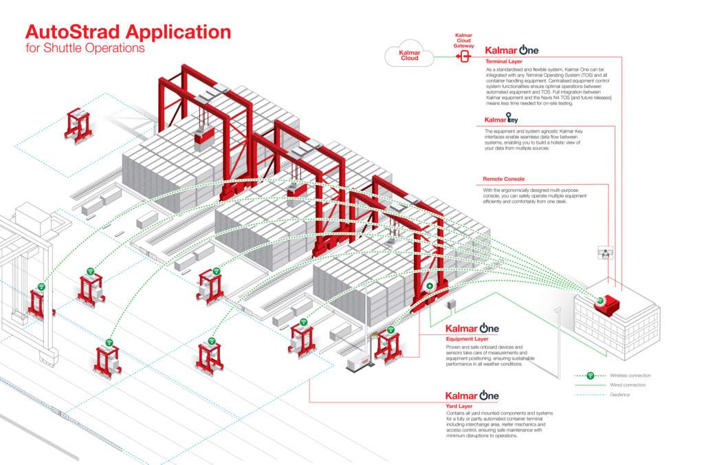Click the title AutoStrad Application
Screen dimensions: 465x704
click(128, 32)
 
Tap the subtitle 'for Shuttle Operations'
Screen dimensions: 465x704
click(85, 49)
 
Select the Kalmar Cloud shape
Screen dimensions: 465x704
click(410, 54)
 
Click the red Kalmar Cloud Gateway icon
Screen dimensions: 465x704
click(463, 55)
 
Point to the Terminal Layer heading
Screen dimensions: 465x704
click(504, 62)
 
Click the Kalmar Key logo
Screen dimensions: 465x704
click(502, 119)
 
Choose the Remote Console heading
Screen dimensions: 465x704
click(504, 179)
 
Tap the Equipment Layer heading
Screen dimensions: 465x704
click(467, 339)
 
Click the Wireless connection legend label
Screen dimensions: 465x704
click(630, 376)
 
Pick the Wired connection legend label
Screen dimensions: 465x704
click(628, 385)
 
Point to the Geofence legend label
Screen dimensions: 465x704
click(620, 395)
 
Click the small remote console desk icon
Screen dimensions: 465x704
click(606, 253)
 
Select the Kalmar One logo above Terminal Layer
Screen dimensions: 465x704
click(511, 50)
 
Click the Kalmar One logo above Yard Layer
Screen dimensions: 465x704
click(472, 396)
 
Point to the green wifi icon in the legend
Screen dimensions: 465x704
click(589, 376)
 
